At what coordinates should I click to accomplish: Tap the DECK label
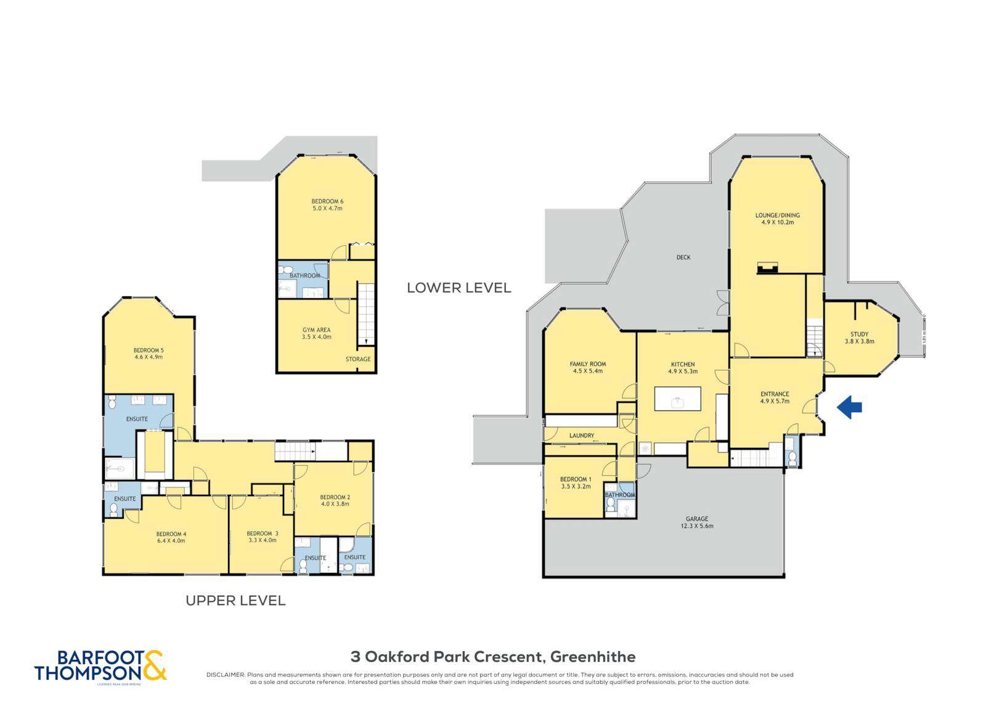coord(683,258)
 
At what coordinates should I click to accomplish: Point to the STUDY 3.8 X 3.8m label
coord(859,338)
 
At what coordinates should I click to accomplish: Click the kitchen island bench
coord(677,399)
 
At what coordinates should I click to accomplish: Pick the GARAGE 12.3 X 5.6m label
coord(697,522)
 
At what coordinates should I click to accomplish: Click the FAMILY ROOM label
coord(588,364)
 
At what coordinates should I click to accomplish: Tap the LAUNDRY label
coord(581,436)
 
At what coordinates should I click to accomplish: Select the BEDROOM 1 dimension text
coord(576,487)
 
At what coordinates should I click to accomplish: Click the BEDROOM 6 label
coord(327,201)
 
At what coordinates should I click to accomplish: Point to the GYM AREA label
coord(316,330)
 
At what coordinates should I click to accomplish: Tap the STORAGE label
coord(358,359)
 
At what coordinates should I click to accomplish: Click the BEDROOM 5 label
coord(149,350)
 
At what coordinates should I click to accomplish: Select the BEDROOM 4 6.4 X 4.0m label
coord(171,537)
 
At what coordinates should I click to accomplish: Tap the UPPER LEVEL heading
coord(235,601)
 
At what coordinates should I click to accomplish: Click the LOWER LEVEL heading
coord(458,288)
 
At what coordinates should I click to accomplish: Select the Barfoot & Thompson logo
coord(100,667)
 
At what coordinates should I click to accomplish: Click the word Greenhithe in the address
coord(592,657)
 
